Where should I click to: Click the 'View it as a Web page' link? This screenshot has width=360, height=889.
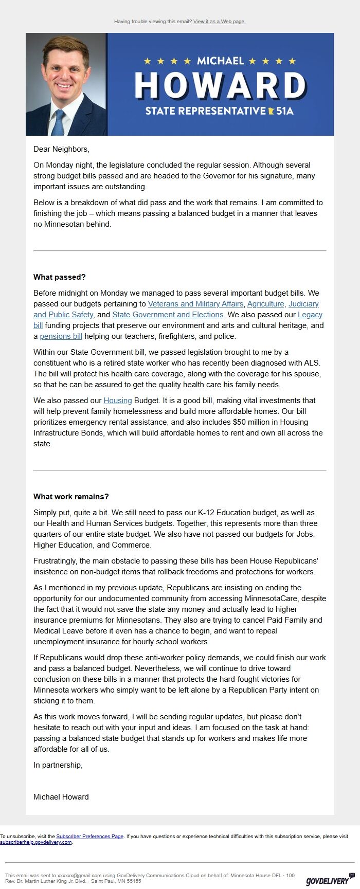pyautogui.click(x=219, y=22)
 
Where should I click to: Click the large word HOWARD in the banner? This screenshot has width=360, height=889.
pyautogui.click(x=220, y=85)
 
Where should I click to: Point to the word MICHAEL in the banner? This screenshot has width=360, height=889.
pyautogui.click(x=220, y=61)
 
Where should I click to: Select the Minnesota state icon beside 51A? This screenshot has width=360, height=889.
pyautogui.click(x=271, y=111)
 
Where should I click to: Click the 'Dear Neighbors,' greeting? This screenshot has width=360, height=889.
pyautogui.click(x=61, y=149)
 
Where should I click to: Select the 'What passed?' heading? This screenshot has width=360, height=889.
pyautogui.click(x=59, y=277)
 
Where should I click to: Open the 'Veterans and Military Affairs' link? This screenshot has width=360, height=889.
pyautogui.click(x=195, y=304)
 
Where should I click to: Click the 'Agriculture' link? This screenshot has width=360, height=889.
pyautogui.click(x=265, y=304)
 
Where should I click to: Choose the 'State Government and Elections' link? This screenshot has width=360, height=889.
pyautogui.click(x=168, y=315)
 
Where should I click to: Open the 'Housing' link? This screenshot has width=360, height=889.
pyautogui.click(x=118, y=401)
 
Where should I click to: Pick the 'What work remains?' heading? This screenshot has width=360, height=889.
pyautogui.click(x=71, y=497)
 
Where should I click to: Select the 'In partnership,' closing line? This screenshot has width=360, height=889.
pyautogui.click(x=58, y=765)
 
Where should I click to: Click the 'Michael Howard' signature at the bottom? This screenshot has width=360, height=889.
pyautogui.click(x=61, y=797)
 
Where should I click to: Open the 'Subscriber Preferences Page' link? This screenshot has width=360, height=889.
pyautogui.click(x=90, y=837)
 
